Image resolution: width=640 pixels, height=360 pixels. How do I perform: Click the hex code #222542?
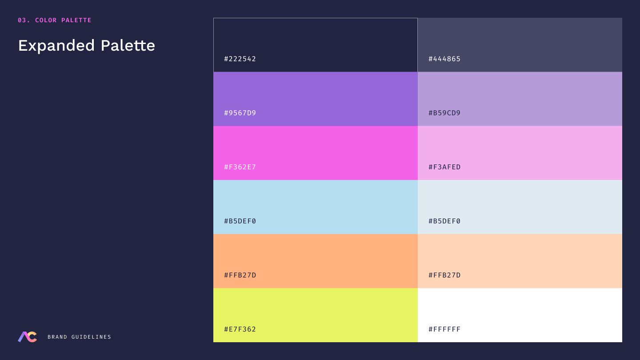coord(240,59)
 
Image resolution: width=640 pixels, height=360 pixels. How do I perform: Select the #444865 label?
coord(444,59)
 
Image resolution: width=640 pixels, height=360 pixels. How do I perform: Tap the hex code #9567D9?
coord(240,113)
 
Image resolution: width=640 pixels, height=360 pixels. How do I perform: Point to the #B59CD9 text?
coord(444,113)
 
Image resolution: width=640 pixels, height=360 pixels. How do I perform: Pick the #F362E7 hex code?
coord(240,167)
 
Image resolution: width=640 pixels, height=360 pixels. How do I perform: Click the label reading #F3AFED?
coord(444,167)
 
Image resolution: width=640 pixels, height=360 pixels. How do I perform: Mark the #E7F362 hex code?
coord(240,329)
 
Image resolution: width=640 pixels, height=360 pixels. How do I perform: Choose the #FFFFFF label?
coord(444,329)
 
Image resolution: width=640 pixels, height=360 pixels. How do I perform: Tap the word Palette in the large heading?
coord(128,45)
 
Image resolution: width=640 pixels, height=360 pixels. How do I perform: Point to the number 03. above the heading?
coord(24,20)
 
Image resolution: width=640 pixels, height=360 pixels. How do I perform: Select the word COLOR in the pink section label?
coord(46,20)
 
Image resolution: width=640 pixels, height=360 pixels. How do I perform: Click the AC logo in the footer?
coord(28,337)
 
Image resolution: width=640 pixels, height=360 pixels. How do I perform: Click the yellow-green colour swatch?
coord(316,311)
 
